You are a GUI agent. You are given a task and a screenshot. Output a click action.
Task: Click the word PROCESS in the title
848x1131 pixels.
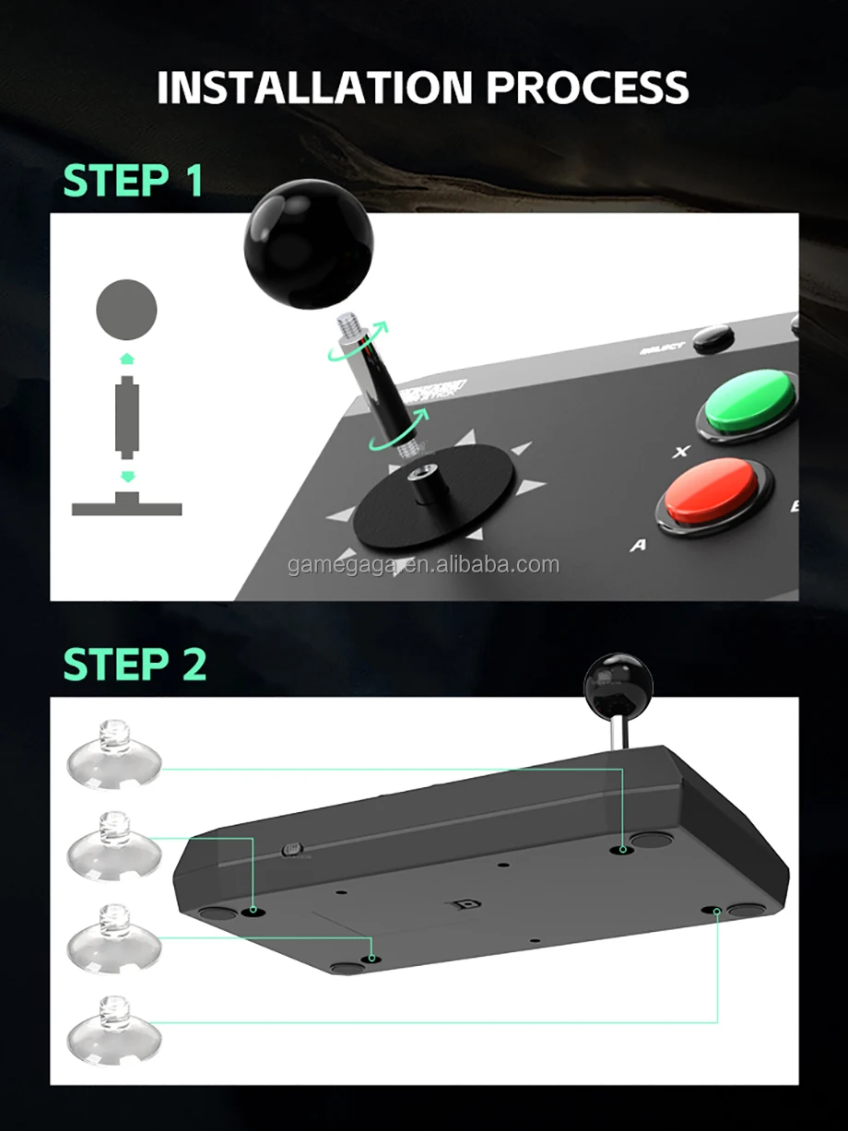click(x=587, y=88)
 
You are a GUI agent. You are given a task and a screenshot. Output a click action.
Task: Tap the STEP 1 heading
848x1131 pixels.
click(x=133, y=181)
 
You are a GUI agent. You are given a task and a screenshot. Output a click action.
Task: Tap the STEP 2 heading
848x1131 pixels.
click(x=135, y=664)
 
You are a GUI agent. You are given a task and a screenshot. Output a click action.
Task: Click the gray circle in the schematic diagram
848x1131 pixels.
click(x=126, y=309)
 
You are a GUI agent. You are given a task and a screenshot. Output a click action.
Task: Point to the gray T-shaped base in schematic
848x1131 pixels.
click(x=126, y=505)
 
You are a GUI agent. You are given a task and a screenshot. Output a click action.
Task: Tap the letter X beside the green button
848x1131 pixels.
click(x=682, y=452)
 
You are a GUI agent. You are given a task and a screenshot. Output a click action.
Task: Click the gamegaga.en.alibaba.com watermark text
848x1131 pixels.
click(x=423, y=564)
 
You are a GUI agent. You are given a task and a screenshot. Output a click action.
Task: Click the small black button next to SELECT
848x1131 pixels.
click(x=713, y=338)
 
